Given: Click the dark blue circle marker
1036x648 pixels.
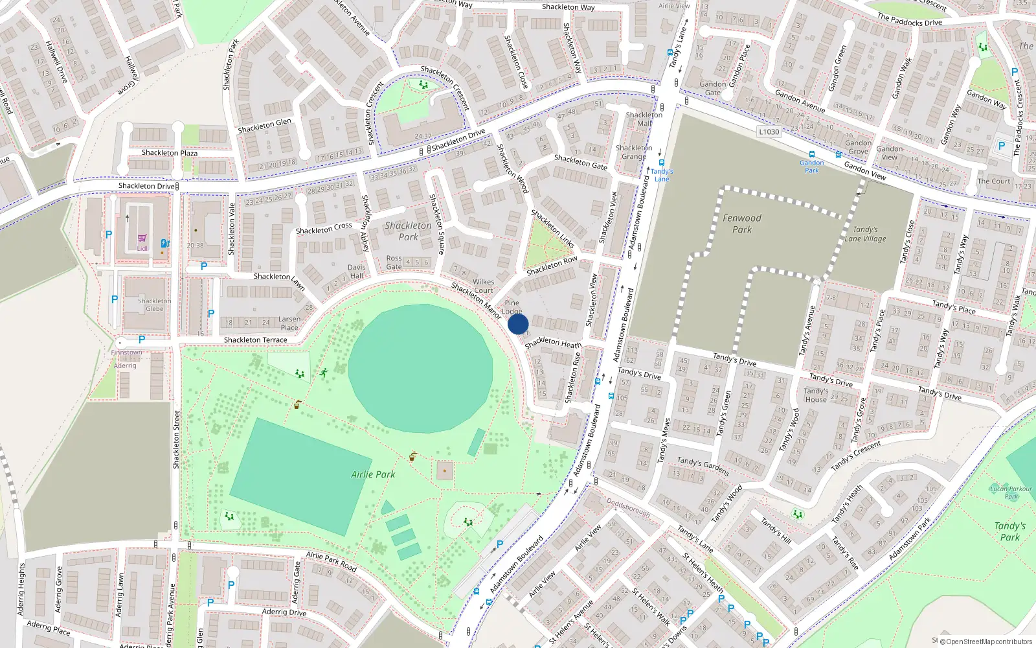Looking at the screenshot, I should click(518, 324).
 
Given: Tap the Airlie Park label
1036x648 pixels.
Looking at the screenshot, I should click(373, 474).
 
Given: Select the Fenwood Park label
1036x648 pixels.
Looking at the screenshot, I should click(742, 224).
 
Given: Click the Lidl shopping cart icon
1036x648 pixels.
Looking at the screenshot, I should click(142, 239).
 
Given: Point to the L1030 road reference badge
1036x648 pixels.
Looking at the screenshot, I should click(769, 132).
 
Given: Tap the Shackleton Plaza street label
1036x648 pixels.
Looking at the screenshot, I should click(170, 153).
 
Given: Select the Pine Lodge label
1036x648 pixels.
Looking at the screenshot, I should click(512, 307).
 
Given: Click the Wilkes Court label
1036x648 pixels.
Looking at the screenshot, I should click(483, 286).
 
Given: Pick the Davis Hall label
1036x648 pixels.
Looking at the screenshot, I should click(356, 271).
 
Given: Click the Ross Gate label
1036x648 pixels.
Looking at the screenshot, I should click(394, 262).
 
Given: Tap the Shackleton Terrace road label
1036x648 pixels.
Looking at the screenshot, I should click(255, 340).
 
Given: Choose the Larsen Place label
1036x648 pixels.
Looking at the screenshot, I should click(289, 323).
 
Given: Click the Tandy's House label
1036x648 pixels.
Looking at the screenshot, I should click(816, 395).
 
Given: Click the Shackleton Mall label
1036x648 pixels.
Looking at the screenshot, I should click(644, 119).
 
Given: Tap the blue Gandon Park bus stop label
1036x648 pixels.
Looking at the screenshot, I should click(811, 167).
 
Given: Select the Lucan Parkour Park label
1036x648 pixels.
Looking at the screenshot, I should click(1011, 492).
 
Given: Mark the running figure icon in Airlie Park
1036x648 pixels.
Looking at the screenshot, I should click(322, 373).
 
